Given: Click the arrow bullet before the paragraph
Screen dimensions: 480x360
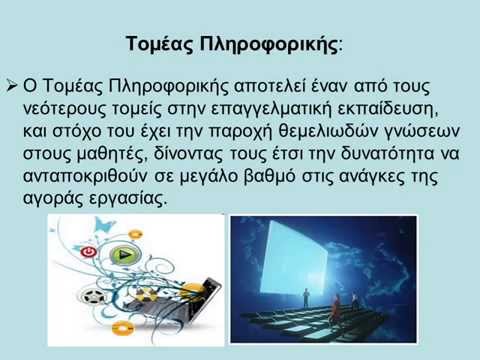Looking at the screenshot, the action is pos(12,87).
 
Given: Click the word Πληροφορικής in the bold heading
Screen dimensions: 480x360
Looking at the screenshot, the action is pos(269,44).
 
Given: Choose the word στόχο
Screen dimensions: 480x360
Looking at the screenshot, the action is pos(76,131).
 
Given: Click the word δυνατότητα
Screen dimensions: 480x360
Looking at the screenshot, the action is pos(387,154).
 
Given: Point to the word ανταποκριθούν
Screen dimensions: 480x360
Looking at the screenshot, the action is pos(85,176).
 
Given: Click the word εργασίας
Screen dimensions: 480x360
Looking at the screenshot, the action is pos(128,199).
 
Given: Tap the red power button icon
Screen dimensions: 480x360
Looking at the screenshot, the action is pos(88,252).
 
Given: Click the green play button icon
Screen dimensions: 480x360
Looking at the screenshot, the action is pos(124,255).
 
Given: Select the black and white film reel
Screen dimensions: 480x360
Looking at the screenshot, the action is pos(92,297).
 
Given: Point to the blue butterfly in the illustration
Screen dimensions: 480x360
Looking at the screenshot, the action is pos(103,225).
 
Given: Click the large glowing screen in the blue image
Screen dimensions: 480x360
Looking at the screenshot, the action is pos(294,259).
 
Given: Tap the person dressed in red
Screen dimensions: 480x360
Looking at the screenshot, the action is pos(336,306).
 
